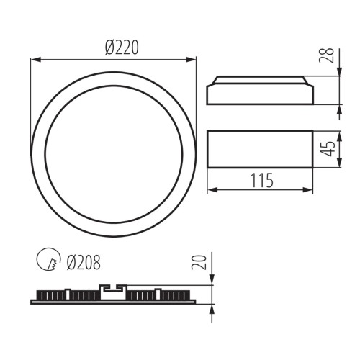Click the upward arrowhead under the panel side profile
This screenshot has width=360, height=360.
pos(212,308)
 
